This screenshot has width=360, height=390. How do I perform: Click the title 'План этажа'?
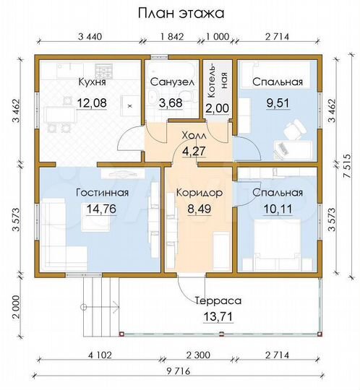pos(180,13)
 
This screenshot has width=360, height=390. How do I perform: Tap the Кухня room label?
pos(92,82)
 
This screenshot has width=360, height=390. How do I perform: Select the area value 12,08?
pos(92,103)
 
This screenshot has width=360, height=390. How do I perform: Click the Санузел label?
pos(171,82)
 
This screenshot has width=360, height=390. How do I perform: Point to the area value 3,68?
pos(171,103)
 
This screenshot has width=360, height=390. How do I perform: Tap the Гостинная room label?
pos(102,193)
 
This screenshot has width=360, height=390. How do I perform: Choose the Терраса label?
pos(216,299)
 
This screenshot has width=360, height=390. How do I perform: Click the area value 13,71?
pos(216,316)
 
